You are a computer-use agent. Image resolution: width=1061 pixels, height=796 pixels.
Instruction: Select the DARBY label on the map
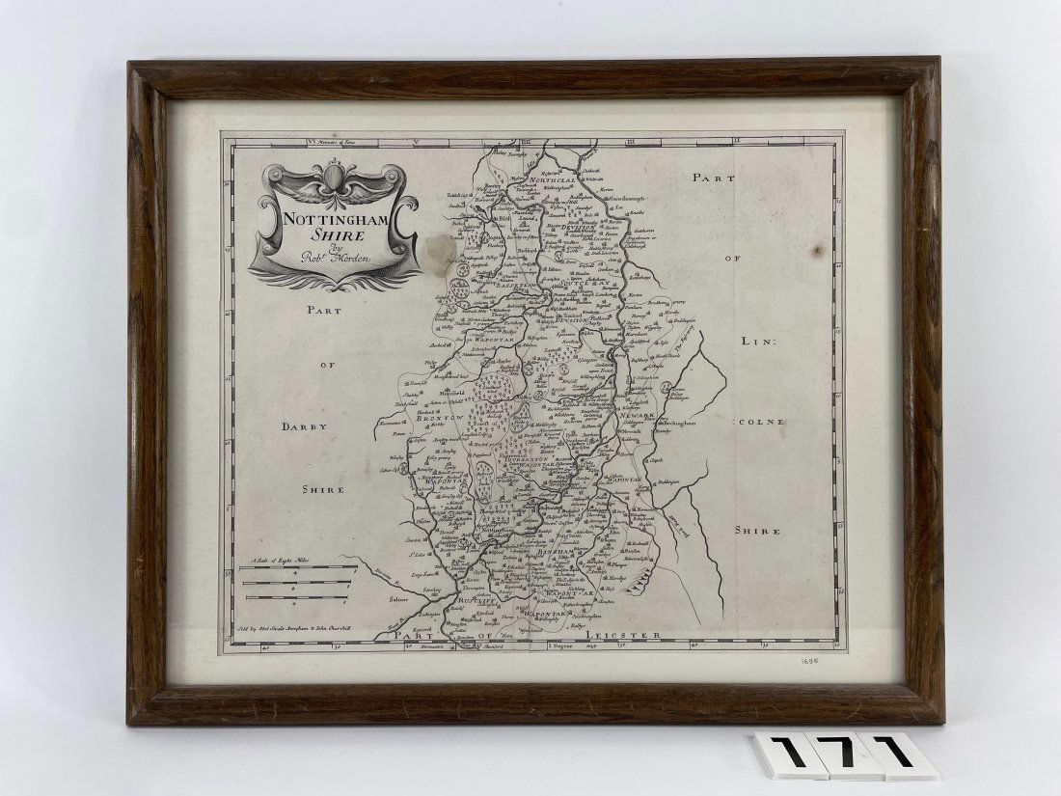(305, 425)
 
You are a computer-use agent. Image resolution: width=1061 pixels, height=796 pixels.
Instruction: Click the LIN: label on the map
(757, 341)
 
